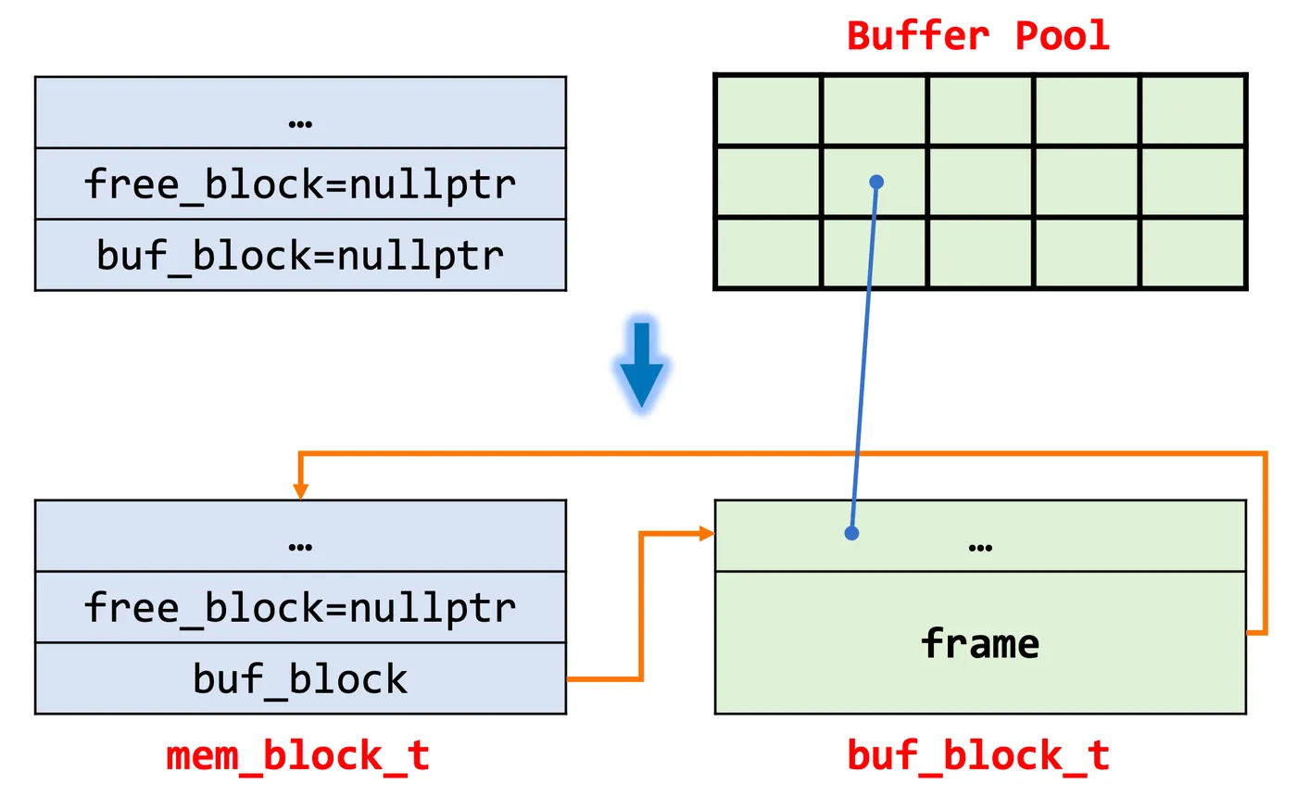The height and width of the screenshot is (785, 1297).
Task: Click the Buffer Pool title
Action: click(x=978, y=36)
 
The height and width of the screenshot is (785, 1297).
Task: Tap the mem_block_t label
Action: click(x=298, y=755)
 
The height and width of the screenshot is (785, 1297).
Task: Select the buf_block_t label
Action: click(x=978, y=755)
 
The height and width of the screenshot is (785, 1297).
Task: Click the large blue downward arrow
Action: click(x=641, y=367)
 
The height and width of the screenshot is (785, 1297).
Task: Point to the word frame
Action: click(x=979, y=643)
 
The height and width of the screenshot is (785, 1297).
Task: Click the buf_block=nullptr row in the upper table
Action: click(x=300, y=255)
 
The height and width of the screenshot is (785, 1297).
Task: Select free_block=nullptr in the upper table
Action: click(x=300, y=184)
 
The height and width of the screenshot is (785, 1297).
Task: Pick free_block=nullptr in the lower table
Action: click(x=300, y=607)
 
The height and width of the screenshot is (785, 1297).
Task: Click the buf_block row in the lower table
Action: click(x=300, y=678)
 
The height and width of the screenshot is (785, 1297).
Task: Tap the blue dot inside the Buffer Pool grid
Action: click(x=876, y=182)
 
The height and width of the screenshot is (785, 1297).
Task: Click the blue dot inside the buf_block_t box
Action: click(x=851, y=533)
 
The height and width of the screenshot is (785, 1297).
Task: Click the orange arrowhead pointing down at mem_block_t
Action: click(x=300, y=491)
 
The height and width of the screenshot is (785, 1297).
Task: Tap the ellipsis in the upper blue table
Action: click(x=300, y=122)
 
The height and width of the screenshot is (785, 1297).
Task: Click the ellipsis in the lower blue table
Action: click(x=300, y=546)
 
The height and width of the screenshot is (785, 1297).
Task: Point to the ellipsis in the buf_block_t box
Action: click(x=979, y=546)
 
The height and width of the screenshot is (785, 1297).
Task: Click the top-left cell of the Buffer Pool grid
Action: click(x=768, y=110)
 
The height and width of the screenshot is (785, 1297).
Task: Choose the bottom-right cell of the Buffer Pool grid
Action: click(x=1192, y=252)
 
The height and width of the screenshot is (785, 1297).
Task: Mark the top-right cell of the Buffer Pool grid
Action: click(x=1192, y=110)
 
